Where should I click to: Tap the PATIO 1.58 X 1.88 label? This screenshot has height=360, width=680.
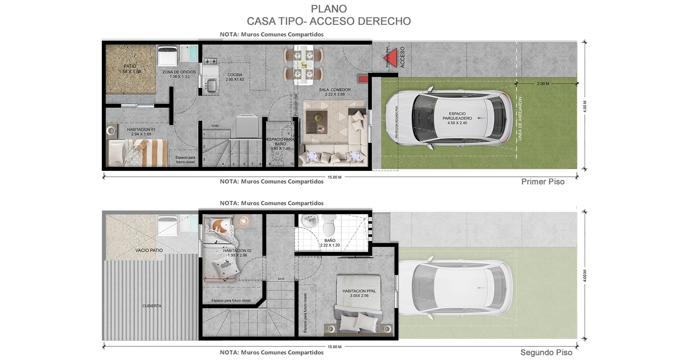coord(130,69)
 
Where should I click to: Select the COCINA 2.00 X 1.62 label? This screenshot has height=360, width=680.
coord(235,77)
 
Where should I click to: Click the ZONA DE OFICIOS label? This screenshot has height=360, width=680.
coord(179,74)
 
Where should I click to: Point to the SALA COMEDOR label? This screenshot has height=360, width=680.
coord(335,92)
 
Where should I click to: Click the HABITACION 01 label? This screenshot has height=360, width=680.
coord(141,132)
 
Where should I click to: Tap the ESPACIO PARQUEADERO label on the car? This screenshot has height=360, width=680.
coord(457,118)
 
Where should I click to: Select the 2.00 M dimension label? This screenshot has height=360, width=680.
coord(543,84)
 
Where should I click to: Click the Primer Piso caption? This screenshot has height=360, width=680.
coord(542,182)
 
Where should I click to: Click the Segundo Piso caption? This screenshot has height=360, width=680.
coord(546,352)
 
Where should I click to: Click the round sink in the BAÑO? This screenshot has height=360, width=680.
coord(309,220)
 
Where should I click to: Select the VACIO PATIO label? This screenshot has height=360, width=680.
coord(149,250)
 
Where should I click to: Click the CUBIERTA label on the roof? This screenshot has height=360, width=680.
coord(152,306)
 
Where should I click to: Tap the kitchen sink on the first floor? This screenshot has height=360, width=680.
coord(211,85)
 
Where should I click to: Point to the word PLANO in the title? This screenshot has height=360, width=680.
coord(329,9)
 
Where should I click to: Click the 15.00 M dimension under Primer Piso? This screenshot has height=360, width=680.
coord(335,177)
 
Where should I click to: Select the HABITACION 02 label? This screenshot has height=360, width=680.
coord(237,253)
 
